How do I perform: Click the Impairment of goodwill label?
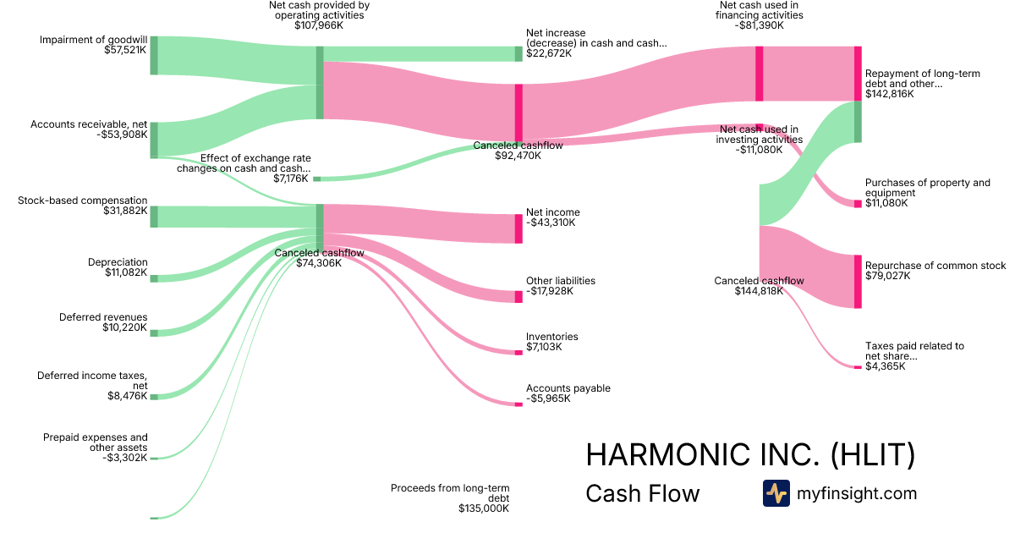(93, 40)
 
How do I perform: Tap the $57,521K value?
(120, 50)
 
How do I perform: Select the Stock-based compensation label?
(82, 201)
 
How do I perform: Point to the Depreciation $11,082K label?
(118, 267)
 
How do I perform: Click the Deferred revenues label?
(103, 317)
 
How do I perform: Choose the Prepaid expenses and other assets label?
(96, 442)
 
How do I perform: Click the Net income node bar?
(518, 228)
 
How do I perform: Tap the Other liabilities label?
(561, 281)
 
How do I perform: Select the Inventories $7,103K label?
(552, 342)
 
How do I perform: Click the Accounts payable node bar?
(518, 404)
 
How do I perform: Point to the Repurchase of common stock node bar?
(858, 282)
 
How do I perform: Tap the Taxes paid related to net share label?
(914, 351)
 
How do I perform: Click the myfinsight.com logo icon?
(776, 493)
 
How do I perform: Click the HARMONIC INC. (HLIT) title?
(750, 455)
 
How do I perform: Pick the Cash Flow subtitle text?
(643, 493)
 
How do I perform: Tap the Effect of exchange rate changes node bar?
(317, 179)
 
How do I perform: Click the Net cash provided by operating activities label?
(318, 10)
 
